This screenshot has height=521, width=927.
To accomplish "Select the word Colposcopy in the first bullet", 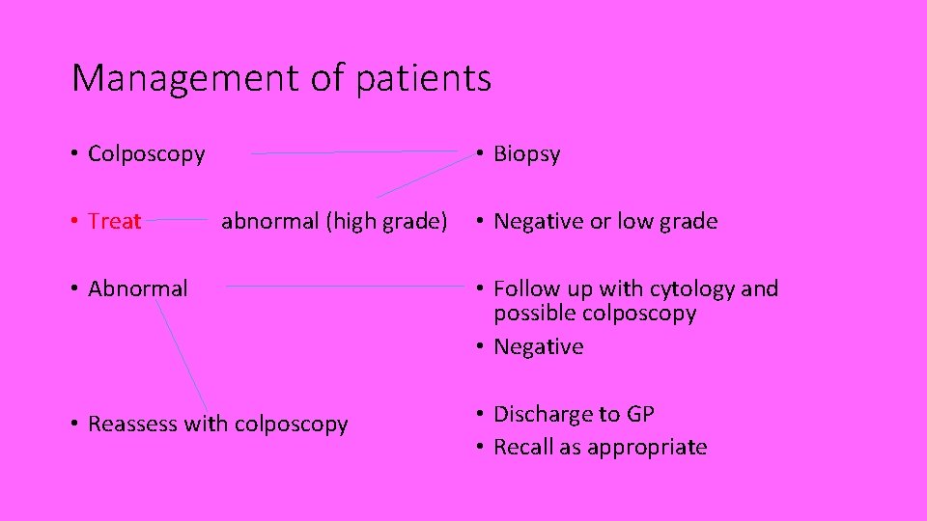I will coord(146,154).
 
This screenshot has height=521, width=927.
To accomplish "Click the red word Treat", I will coord(114,222).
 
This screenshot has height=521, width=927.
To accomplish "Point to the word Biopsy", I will coord(526,154).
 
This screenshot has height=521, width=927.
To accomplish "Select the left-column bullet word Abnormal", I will coord(137,288).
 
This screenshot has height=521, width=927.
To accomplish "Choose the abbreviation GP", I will coord(639,415).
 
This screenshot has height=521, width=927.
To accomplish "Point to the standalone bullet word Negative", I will coord(538,347).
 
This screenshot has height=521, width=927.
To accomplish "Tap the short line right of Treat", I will coord(180,220).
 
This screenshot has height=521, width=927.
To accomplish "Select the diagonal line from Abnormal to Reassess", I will coord(181,353).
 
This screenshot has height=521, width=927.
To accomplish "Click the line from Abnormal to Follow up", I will coord(338,286).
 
